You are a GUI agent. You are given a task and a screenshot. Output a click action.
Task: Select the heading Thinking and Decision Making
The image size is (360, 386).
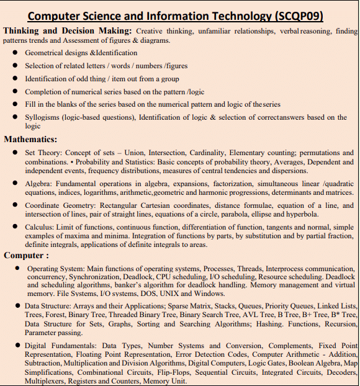(x=67, y=30)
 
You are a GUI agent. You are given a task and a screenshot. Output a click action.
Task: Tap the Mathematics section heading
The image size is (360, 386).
(x=30, y=139)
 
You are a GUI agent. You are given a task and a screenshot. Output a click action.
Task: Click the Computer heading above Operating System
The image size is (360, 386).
(x=24, y=255)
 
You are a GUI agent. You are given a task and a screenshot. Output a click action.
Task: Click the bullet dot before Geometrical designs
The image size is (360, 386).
(x=14, y=53)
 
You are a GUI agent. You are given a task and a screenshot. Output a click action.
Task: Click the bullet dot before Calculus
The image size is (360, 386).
(x=14, y=227)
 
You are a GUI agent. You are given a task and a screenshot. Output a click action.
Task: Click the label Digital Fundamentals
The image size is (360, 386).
(x=60, y=346)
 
